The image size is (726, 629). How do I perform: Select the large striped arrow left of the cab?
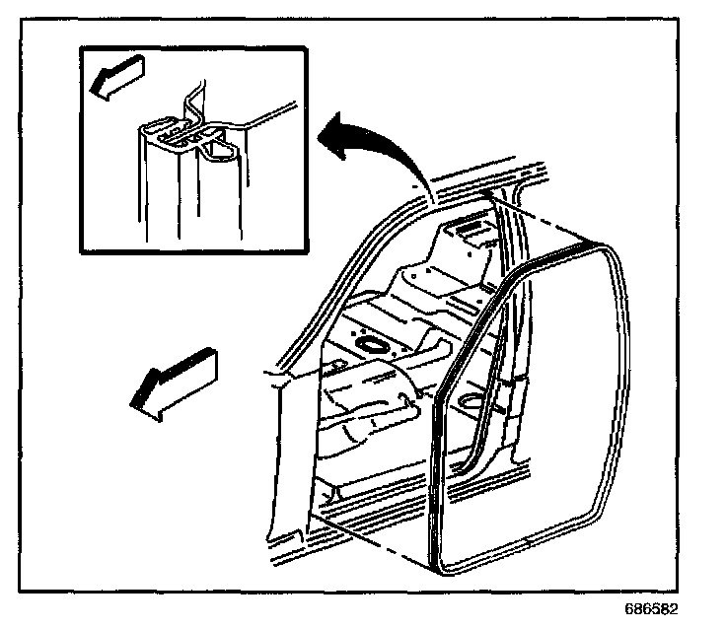177,382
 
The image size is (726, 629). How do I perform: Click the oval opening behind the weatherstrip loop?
472,402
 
